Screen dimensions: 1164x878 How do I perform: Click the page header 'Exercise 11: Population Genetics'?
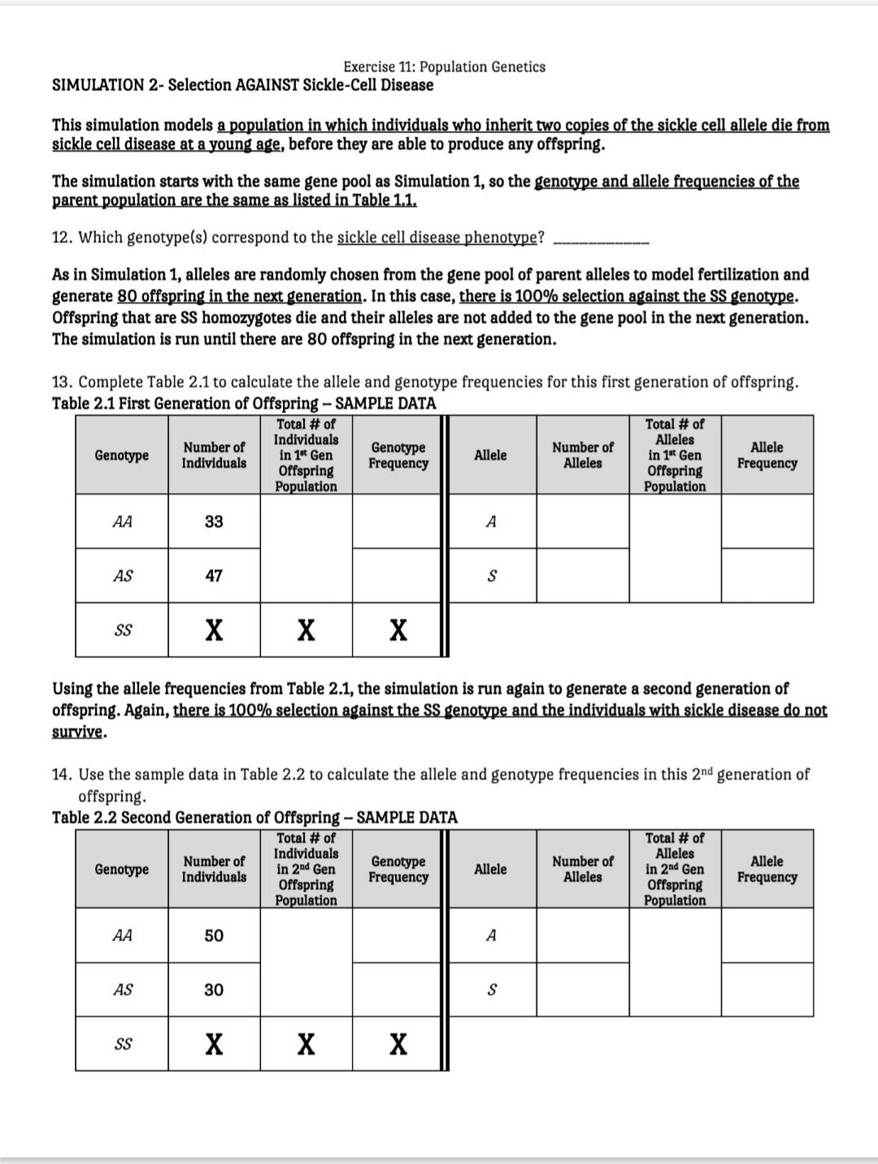[444, 67]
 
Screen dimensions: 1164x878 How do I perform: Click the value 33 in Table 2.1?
[214, 521]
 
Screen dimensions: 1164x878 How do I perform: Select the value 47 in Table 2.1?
[214, 576]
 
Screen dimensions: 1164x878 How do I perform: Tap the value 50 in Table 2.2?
[214, 935]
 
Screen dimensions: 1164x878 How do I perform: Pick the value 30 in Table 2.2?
[214, 990]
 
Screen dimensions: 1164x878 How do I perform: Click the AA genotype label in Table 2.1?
[122, 521]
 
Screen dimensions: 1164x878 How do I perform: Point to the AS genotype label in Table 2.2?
[122, 990]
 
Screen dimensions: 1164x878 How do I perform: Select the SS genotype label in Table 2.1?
[122, 630]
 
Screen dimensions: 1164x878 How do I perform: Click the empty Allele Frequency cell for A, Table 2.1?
[767, 521]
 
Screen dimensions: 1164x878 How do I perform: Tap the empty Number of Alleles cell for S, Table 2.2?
[582, 990]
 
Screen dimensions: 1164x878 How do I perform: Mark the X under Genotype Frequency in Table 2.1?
[398, 630]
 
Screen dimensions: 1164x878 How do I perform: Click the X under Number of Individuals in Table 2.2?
[214, 1044]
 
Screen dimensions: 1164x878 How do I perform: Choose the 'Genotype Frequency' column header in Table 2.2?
[398, 869]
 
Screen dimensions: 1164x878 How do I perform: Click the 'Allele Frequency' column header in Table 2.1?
[767, 455]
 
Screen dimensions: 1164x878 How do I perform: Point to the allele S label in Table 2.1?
[491, 576]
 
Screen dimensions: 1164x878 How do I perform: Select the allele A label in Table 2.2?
[491, 935]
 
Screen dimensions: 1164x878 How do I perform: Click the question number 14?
[62, 774]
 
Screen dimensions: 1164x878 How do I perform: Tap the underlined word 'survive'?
[78, 731]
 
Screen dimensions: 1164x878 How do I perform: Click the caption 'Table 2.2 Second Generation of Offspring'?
[195, 817]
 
